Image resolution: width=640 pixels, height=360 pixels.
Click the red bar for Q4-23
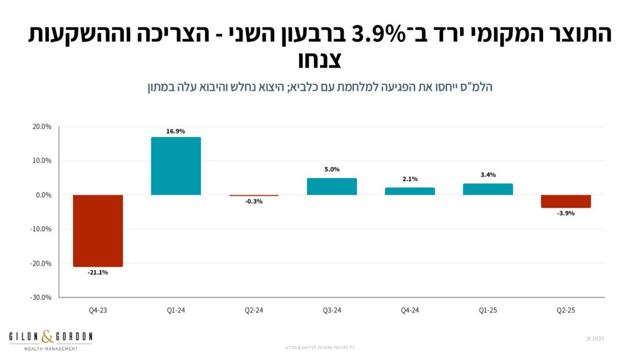click(97, 231)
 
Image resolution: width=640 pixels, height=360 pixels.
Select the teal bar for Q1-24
click(176, 166)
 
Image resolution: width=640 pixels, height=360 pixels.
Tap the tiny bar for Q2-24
click(254, 196)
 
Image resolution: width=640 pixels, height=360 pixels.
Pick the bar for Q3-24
click(332, 186)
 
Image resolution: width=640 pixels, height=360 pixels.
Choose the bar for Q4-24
click(410, 191)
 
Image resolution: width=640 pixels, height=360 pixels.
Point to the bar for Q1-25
click(488, 189)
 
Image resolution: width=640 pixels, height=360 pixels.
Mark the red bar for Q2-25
click(566, 201)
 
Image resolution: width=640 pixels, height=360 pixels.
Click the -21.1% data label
click(97, 272)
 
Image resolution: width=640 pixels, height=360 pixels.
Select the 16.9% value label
click(176, 131)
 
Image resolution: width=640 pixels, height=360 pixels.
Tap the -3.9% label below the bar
click(566, 213)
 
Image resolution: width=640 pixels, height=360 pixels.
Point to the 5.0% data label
click(332, 169)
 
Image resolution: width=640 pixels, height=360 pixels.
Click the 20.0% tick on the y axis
click(42, 127)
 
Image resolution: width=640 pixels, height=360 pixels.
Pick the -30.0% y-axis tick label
click(41, 297)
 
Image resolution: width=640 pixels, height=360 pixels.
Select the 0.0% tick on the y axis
click(44, 195)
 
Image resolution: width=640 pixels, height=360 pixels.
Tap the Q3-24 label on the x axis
click(332, 310)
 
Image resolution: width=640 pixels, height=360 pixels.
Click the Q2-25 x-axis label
click(566, 310)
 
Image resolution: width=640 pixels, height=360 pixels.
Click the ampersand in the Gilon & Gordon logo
click(49, 337)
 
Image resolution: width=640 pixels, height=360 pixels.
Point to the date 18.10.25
click(596, 338)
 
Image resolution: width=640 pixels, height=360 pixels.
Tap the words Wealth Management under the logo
click(51, 349)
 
